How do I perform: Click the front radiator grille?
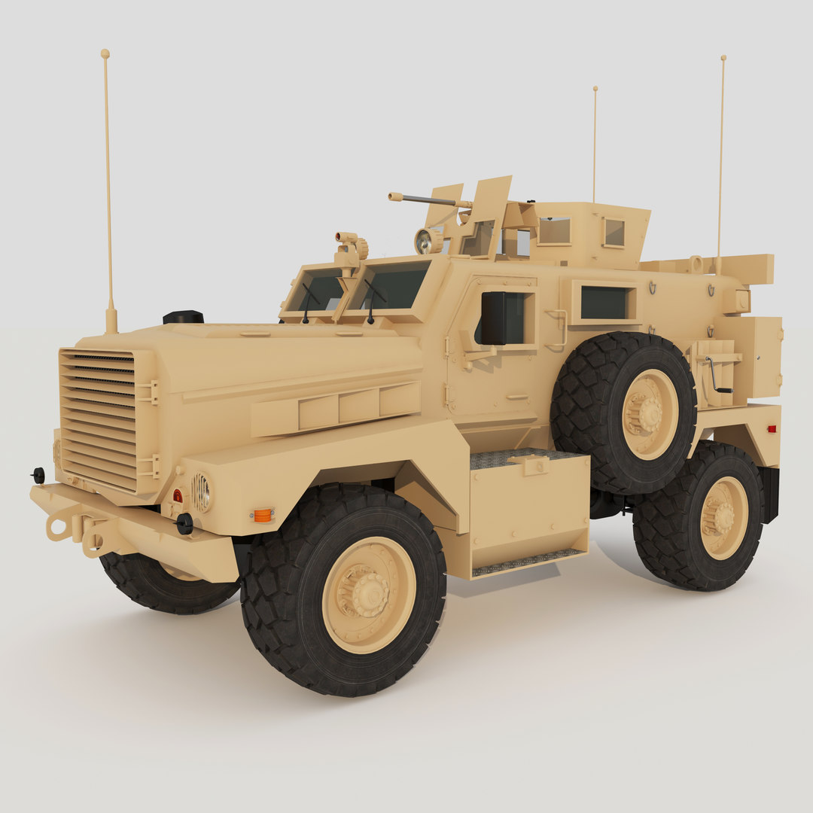98,419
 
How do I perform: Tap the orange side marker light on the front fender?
262,515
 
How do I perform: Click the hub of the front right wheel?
369,595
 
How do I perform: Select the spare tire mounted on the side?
623,412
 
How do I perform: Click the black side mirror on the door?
493,318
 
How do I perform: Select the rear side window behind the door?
604,303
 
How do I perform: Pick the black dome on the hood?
183,317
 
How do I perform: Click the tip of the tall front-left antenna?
105,54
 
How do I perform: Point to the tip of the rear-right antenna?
723,58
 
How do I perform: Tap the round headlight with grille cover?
202,492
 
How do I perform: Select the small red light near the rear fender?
770,428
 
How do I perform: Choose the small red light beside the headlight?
178,495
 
